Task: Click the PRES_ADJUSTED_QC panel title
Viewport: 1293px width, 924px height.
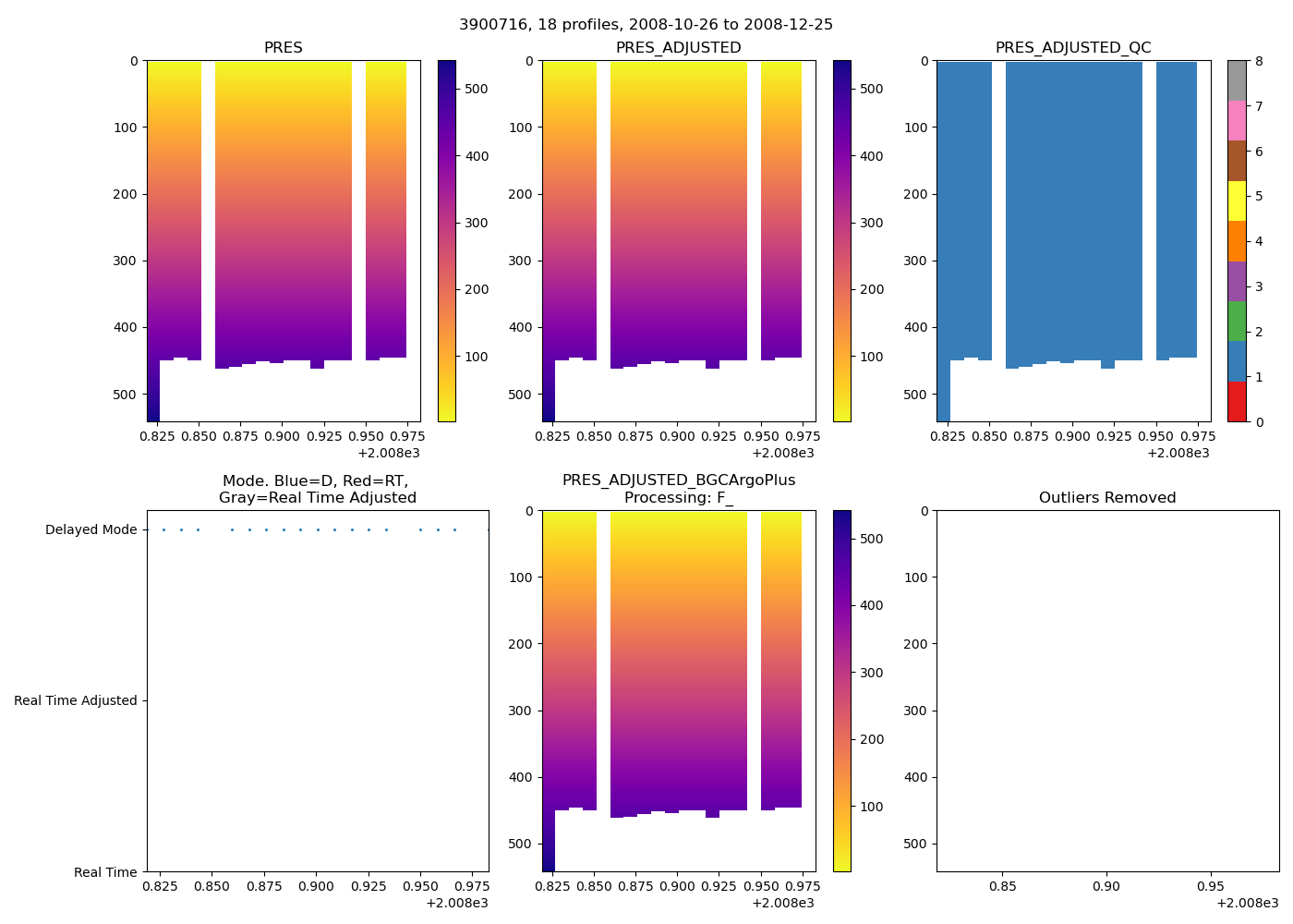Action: (1072, 48)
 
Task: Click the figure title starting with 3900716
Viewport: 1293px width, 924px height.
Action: (646, 24)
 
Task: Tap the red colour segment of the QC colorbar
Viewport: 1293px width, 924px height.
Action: (1237, 402)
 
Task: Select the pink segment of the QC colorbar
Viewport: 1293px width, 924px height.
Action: (1237, 120)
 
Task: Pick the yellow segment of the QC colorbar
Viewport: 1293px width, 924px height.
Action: (1237, 201)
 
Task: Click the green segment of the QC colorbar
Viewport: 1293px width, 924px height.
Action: (1237, 322)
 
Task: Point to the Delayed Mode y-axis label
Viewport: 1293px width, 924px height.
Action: (91, 529)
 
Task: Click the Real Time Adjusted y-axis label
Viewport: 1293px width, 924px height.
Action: (76, 700)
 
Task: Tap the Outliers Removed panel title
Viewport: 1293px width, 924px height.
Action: (1106, 498)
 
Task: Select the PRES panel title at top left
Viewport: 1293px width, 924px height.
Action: (283, 48)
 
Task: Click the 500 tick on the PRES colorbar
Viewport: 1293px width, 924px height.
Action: (477, 89)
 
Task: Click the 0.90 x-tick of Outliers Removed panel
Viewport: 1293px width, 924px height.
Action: (1106, 886)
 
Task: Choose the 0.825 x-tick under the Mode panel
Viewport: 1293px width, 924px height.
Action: (160, 886)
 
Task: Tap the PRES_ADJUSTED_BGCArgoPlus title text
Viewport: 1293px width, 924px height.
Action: (678, 480)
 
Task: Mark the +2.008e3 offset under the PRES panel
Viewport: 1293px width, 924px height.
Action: (388, 453)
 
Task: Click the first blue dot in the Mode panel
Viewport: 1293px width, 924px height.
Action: (163, 529)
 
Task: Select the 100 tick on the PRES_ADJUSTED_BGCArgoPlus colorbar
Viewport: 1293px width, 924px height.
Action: (871, 807)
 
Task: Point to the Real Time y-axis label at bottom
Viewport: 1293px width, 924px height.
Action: (105, 872)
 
